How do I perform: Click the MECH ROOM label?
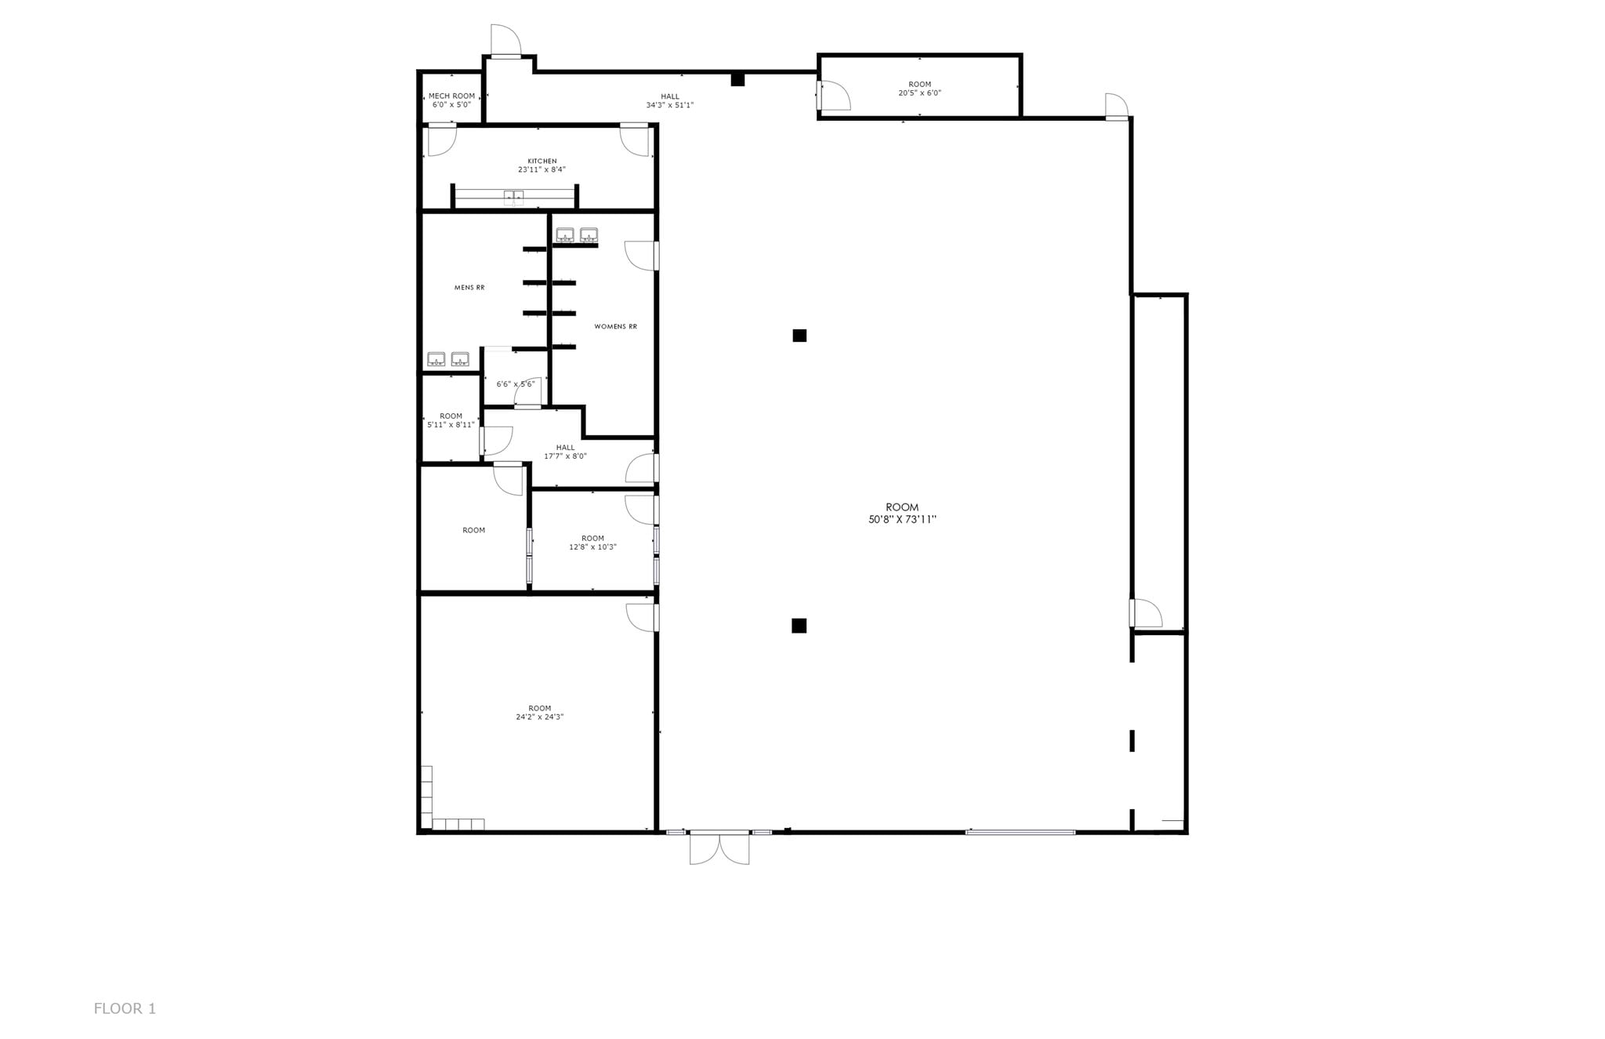[x=451, y=96]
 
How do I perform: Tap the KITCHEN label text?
[x=542, y=161]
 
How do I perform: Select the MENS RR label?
[x=469, y=288]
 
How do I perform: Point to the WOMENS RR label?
[x=615, y=326]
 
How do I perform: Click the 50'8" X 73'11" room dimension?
[x=902, y=519]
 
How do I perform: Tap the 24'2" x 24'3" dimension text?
[x=539, y=717]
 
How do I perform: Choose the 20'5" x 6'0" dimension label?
[x=919, y=93]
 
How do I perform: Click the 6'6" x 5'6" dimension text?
[x=515, y=384]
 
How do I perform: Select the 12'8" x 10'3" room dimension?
[x=592, y=547]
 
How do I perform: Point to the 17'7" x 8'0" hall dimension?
[x=565, y=456]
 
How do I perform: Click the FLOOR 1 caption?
[x=125, y=1008]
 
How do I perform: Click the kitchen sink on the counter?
[x=513, y=198]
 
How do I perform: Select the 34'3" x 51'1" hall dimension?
[x=669, y=105]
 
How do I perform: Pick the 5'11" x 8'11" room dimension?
[x=451, y=425]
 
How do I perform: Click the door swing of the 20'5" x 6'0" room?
[x=834, y=96]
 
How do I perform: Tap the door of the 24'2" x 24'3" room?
[x=642, y=617]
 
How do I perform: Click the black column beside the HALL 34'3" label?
[x=737, y=79]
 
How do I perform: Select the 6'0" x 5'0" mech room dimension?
[x=451, y=104]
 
